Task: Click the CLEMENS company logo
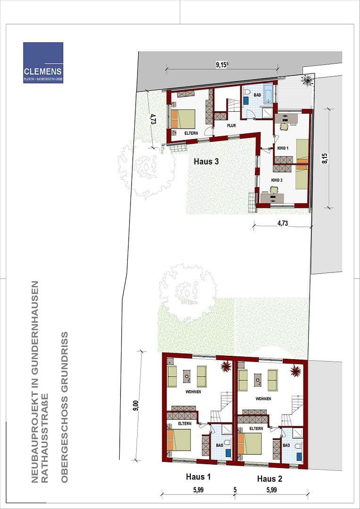(x=43, y=62)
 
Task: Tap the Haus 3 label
(x=206, y=161)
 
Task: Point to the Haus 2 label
(x=270, y=479)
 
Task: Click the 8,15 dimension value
(x=324, y=158)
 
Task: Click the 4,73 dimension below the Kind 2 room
(x=282, y=223)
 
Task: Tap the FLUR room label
(x=231, y=126)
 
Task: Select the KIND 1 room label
(x=283, y=148)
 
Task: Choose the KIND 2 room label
(x=277, y=180)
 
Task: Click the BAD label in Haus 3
(x=257, y=95)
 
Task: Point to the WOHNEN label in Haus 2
(x=263, y=399)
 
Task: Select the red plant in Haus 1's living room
(x=226, y=366)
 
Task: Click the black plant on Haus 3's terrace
(x=307, y=81)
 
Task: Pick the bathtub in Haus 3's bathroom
(x=268, y=93)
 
